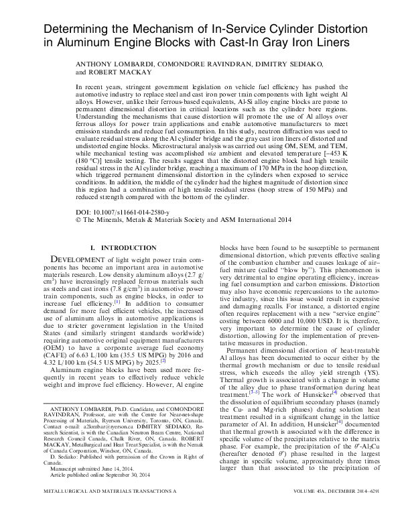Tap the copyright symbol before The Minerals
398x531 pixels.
point(78,219)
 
